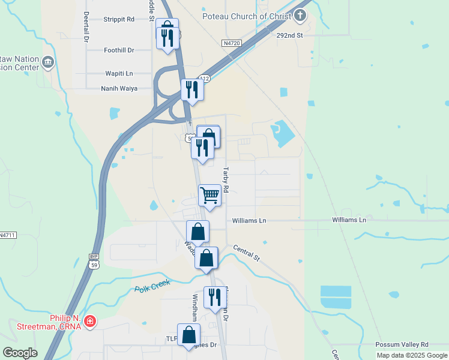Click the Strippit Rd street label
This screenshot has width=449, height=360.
tap(119, 19)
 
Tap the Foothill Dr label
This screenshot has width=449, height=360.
tap(119, 50)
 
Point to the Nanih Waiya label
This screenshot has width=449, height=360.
tap(119, 88)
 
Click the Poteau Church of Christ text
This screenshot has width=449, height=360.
tap(247, 16)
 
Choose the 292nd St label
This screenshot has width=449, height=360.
tap(291, 35)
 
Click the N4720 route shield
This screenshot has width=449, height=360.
tap(231, 43)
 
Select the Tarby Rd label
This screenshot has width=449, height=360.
tap(227, 179)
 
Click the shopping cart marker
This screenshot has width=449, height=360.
tap(209, 194)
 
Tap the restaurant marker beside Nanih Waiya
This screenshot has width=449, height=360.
tap(192, 90)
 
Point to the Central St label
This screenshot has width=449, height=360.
tap(246, 253)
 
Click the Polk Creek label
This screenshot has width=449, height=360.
tap(152, 284)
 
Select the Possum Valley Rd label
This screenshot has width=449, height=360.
tap(402, 344)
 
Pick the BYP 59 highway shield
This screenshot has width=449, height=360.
tap(94, 261)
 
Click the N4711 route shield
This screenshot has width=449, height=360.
tap(7, 235)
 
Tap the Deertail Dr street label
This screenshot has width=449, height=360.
tap(86, 26)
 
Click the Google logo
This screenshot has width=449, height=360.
tap(20, 352)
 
